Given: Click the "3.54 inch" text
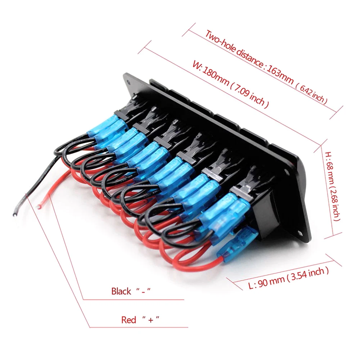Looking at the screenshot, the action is pyautogui.click(x=309, y=273).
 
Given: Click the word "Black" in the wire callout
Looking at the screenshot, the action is pyautogui.click(x=121, y=291).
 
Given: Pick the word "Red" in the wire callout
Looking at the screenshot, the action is pyautogui.click(x=129, y=320).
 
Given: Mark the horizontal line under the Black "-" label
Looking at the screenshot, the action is pyautogui.click(x=133, y=299).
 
